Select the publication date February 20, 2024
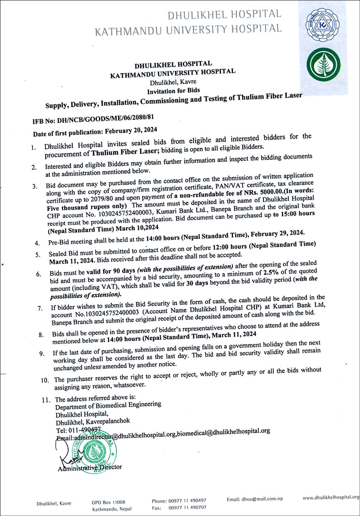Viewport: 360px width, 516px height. pyautogui.click(x=131, y=130)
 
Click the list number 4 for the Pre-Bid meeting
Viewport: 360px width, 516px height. pyautogui.click(x=37, y=243)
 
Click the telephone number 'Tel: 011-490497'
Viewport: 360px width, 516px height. pyautogui.click(x=78, y=430)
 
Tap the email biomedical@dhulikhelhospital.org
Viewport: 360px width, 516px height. pyautogui.click(x=223, y=432)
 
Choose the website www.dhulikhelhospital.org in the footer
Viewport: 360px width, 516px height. pyautogui.click(x=331, y=497)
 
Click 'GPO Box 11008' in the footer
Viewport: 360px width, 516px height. pyautogui.click(x=108, y=502)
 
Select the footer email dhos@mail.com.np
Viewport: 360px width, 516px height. pyautogui.click(x=255, y=499)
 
